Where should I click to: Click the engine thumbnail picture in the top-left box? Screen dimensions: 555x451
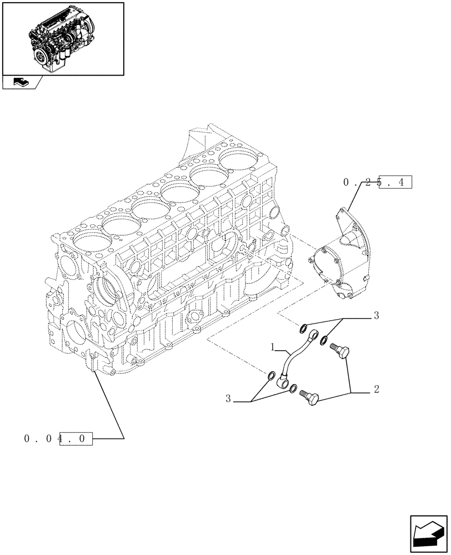pos(62,38)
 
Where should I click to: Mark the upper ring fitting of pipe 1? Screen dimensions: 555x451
pos(314,335)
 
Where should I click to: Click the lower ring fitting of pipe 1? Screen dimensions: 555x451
pos(284,382)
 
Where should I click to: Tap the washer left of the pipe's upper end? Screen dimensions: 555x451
pos(303,327)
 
